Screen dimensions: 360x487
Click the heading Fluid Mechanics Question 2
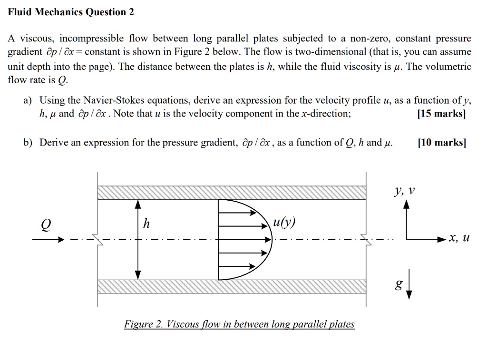pos(71,12)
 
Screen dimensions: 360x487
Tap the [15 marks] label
pos(441,114)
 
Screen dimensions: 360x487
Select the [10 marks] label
pos(441,143)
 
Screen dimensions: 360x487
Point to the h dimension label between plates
pos(146,224)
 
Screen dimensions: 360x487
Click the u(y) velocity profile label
pos(284,223)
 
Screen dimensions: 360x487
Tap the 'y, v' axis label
pos(405,191)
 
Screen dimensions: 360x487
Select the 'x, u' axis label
pos(459,238)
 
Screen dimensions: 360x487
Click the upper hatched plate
pos(232,193)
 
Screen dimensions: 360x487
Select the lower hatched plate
pos(232,287)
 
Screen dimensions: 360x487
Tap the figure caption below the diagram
pos(239,324)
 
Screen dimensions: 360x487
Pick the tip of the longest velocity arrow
pos(271,239)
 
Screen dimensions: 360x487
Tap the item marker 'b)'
pos(28,143)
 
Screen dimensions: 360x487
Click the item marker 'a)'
pos(28,100)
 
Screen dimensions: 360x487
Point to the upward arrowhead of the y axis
pos(406,204)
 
